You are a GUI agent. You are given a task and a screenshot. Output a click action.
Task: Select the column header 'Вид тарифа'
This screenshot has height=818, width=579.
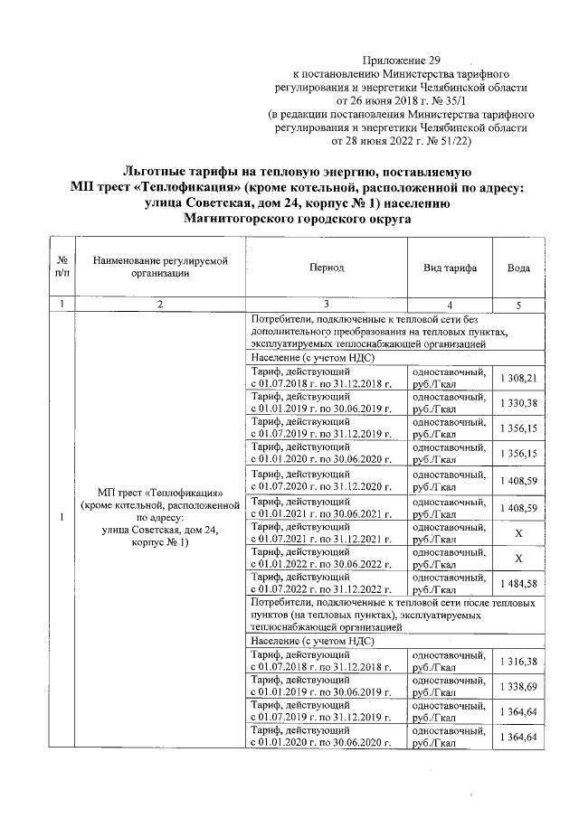(450, 268)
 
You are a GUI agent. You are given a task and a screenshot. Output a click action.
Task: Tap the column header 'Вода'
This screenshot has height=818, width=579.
(518, 268)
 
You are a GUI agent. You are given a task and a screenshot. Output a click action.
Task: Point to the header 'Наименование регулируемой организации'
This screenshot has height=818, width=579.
(159, 268)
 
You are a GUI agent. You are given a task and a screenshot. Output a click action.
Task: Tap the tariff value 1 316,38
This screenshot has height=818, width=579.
(518, 663)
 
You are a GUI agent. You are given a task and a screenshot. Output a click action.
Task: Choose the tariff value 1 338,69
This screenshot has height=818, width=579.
(518, 688)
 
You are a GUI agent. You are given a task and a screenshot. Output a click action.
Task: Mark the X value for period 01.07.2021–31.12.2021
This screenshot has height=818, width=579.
(518, 533)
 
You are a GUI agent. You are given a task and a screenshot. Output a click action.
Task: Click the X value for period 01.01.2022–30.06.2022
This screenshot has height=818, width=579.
(518, 558)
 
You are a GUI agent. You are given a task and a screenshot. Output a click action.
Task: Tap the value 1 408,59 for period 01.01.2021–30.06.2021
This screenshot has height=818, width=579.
(518, 509)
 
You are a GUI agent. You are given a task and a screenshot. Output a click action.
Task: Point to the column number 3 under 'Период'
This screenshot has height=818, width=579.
(326, 305)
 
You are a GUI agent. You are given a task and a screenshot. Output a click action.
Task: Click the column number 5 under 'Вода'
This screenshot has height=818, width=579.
(518, 305)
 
